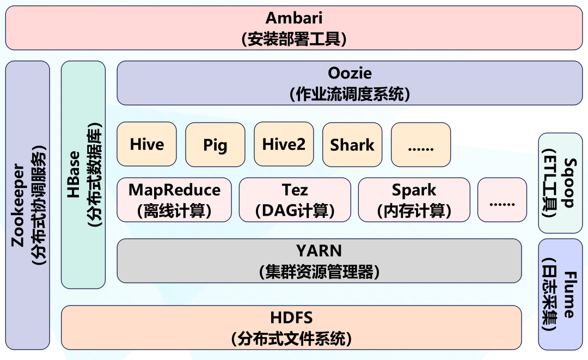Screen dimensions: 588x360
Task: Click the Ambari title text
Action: pyautogui.click(x=293, y=17)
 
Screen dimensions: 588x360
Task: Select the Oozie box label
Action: pyautogui.click(x=350, y=73)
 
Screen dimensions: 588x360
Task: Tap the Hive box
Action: pyautogui.click(x=146, y=144)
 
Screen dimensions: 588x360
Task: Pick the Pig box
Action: pyautogui.click(x=215, y=144)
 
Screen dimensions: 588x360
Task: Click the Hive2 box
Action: pyautogui.click(x=284, y=144)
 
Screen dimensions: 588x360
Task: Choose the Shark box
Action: pyautogui.click(x=352, y=144)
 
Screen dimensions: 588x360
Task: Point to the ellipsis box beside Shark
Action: pyautogui.click(x=421, y=144)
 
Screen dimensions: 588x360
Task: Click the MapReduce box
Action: pyautogui.click(x=174, y=200)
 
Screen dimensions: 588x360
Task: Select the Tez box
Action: pyautogui.click(x=295, y=200)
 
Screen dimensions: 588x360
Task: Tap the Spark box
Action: pyautogui.click(x=414, y=200)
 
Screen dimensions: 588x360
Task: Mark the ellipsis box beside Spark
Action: pyautogui.click(x=502, y=200)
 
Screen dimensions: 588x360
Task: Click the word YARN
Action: pyautogui.click(x=318, y=251)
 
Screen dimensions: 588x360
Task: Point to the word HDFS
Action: pyautogui.click(x=291, y=318)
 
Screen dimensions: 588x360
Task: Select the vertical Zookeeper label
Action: pyautogui.click(x=18, y=205)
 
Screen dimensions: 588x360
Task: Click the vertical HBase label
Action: pyautogui.click(x=73, y=174)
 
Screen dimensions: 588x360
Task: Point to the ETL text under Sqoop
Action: pyautogui.click(x=550, y=167)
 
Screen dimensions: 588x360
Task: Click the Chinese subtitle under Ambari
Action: pyautogui.click(x=293, y=39)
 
